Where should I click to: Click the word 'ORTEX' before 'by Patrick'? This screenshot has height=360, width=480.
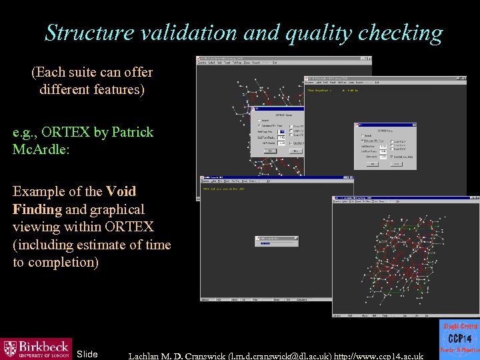[67, 132]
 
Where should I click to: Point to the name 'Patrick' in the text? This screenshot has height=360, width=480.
[132, 132]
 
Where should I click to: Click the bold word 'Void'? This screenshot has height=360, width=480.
[121, 191]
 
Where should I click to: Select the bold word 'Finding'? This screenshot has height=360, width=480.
[37, 209]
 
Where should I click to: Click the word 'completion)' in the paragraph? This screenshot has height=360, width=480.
[55, 262]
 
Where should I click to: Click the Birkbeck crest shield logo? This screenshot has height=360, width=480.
[10, 349]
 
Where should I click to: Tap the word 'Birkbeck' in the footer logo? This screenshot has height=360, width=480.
[43, 346]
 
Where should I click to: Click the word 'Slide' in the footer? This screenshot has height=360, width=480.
[87, 354]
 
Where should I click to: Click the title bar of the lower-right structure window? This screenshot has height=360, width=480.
[400, 199]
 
